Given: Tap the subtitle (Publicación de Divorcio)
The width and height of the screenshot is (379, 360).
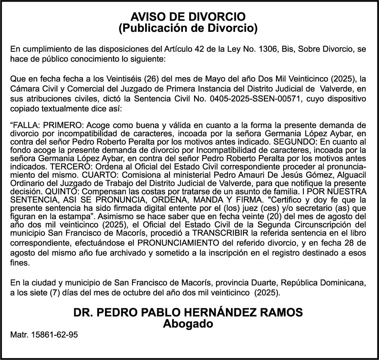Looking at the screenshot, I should tap(188, 28).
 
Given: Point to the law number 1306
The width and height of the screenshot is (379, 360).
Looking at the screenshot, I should tap(267, 49).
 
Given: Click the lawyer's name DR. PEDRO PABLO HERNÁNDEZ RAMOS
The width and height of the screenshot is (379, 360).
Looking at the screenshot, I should tap(188, 313).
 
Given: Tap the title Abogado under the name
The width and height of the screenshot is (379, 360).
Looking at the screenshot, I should tap(188, 324).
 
